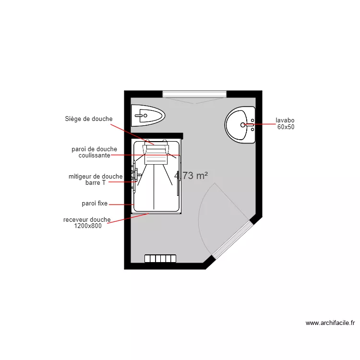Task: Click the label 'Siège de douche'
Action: pos(89,119)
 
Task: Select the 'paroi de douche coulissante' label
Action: pos(94,152)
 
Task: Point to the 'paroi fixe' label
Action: pos(95,204)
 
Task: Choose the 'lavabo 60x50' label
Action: pos(285,124)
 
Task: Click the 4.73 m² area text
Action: pos(191,176)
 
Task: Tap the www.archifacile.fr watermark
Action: pos(330,323)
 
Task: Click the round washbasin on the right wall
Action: pos(240,125)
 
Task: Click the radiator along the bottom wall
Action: pos(161,259)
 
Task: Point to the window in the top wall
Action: pos(194,94)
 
